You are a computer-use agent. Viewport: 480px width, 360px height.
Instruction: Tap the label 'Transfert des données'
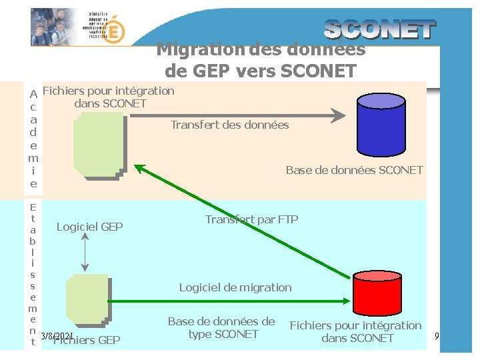coord(229,125)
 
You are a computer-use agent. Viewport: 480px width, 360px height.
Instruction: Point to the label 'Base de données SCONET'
coord(354,170)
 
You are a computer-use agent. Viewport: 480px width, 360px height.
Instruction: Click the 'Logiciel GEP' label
coord(89,227)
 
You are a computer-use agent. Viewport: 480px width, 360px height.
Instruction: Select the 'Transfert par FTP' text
coord(251,219)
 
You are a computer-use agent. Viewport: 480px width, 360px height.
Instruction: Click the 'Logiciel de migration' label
coord(235,287)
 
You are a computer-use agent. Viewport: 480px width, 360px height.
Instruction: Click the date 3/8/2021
coord(57,336)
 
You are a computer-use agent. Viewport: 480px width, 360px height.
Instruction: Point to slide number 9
coord(437,335)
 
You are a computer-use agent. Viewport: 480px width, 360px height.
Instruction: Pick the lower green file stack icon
coord(87,301)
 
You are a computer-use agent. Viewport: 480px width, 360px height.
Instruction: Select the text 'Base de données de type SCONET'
coord(221,327)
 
